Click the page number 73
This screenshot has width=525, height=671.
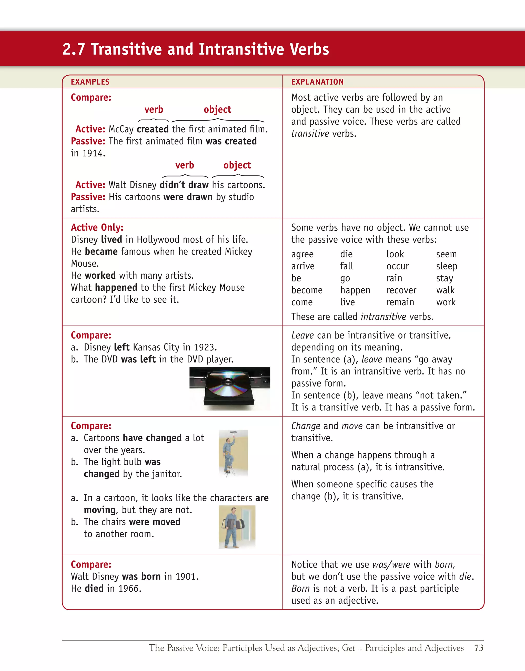click(479, 648)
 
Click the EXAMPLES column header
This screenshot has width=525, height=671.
click(90, 82)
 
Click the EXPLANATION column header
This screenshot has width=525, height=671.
click(317, 82)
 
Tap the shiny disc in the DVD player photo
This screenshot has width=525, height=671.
click(228, 385)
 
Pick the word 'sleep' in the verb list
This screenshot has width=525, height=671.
click(447, 266)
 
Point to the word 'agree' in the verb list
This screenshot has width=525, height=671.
click(302, 254)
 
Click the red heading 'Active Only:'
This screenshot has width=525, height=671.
click(97, 227)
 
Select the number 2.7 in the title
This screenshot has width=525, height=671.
click(74, 49)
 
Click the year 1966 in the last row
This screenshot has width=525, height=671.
click(129, 588)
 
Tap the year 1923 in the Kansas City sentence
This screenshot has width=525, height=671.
click(205, 347)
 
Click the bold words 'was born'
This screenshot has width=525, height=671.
click(142, 576)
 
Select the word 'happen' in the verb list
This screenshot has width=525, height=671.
click(355, 290)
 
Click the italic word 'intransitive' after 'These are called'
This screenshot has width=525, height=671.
click(383, 317)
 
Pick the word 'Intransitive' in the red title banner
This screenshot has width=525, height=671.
click(239, 49)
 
